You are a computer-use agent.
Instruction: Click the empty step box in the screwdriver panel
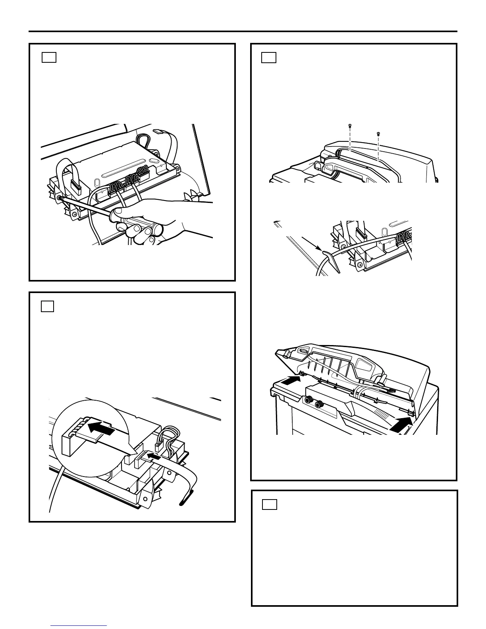[x=49, y=58]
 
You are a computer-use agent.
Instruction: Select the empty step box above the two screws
[x=269, y=58]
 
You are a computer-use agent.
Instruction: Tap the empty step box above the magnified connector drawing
[x=47, y=307]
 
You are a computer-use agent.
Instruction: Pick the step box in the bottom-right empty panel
[x=270, y=504]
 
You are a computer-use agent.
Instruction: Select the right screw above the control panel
[x=378, y=133]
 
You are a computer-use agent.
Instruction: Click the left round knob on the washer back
[x=307, y=401]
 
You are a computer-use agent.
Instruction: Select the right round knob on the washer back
[x=318, y=405]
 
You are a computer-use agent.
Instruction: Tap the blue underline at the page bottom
[x=79, y=625]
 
